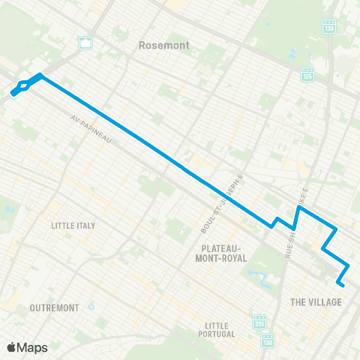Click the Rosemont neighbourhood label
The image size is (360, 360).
point(163,46)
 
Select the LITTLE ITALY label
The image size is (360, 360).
point(73,225)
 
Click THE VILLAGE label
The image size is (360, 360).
point(315,302)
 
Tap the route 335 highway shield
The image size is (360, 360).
point(259,320)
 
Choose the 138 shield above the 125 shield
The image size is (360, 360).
point(328,26)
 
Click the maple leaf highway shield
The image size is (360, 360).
point(85,43)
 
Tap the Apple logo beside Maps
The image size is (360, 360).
point(12,347)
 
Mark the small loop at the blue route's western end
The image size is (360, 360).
point(22,87)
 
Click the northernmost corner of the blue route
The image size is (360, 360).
point(40,75)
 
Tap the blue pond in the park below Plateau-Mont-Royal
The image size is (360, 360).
point(262,280)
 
